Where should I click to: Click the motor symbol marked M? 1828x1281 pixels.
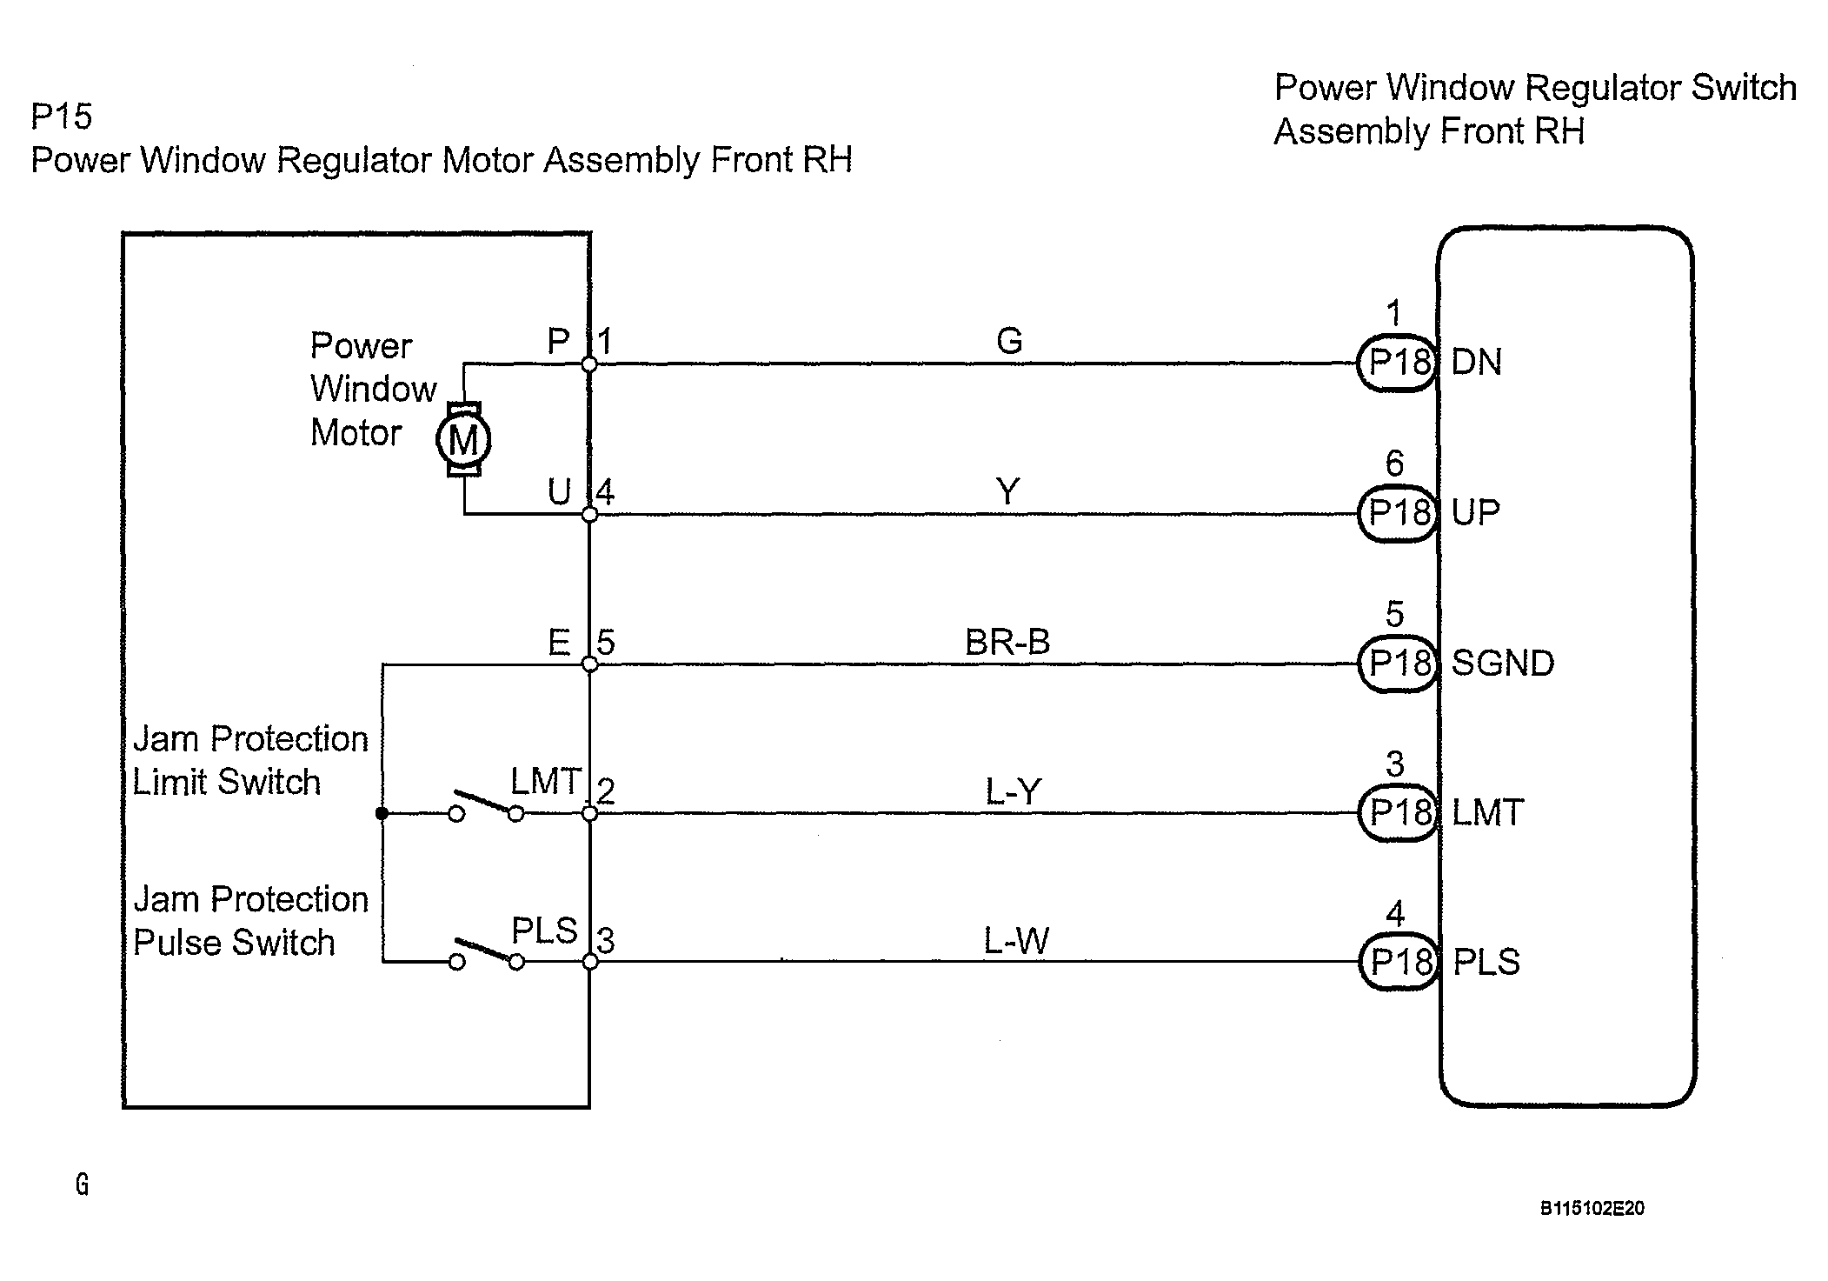coord(463,440)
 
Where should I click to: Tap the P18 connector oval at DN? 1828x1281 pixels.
coord(1398,363)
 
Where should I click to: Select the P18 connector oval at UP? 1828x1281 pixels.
coord(1398,513)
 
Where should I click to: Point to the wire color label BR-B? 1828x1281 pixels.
coord(1007,643)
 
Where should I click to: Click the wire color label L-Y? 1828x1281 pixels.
coord(1013,792)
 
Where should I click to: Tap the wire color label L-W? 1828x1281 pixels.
coord(1016,941)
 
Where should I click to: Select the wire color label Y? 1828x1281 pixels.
coord(1007,492)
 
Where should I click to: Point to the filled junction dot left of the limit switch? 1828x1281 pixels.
coord(382,813)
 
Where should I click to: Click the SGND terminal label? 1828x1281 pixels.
coord(1503,664)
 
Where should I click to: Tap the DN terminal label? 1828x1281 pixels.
coord(1477,363)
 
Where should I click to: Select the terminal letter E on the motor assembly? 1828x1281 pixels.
coord(559,644)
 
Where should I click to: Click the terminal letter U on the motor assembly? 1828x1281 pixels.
coord(559,493)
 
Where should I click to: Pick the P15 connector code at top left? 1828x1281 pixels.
coord(61,117)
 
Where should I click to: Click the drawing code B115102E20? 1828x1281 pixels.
coord(1592,1208)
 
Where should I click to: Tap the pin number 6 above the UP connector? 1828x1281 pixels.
coord(1394,464)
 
